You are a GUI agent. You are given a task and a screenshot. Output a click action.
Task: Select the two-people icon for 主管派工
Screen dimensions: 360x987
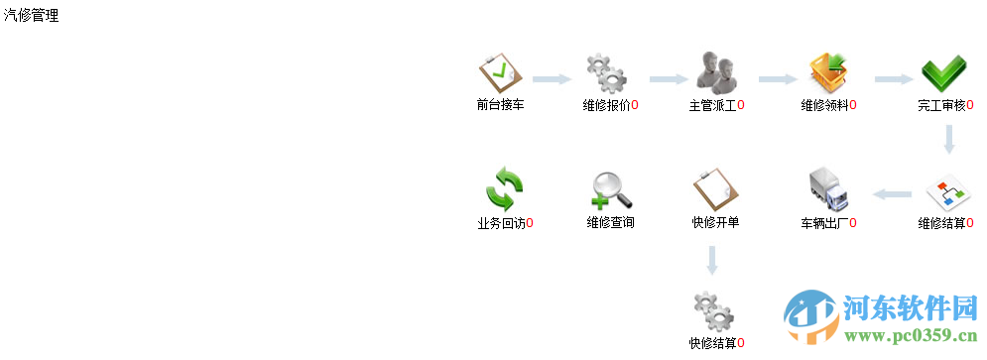[715, 71]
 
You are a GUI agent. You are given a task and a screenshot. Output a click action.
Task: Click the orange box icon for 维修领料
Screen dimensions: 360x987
[828, 71]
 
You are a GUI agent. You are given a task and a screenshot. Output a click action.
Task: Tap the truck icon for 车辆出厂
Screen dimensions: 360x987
[828, 188]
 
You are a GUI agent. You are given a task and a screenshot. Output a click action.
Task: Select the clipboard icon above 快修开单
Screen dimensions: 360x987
[714, 187]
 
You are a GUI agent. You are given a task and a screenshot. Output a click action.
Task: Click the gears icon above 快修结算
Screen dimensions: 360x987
[714, 311]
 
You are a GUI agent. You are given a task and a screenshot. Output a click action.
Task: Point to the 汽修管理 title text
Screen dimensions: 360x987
[31, 16]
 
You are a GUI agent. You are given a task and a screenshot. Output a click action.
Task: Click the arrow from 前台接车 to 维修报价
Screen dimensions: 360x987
[552, 79]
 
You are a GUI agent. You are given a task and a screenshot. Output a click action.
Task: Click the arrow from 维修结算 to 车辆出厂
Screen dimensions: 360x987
[892, 194]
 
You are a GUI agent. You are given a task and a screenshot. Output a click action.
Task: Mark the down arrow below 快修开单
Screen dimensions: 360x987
[710, 260]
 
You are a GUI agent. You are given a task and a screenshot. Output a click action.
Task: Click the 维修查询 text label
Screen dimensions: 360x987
[610, 223]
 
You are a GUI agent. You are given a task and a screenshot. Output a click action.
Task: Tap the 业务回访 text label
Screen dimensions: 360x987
[501, 223]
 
